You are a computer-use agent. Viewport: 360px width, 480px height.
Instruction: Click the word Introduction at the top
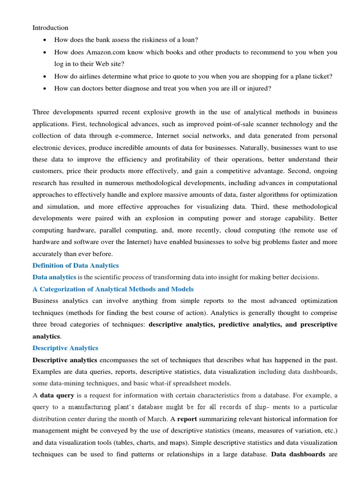click(50, 28)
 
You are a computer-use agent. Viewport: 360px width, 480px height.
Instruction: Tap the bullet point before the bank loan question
click(44, 40)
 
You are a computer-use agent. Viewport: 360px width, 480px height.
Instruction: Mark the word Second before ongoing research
click(296, 171)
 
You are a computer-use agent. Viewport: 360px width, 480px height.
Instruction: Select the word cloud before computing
click(234, 230)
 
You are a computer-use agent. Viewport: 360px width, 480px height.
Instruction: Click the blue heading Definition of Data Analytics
click(75, 265)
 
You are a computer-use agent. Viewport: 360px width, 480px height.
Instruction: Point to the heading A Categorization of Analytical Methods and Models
click(113, 289)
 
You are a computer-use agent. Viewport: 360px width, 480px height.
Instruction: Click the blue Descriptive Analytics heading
click(65, 348)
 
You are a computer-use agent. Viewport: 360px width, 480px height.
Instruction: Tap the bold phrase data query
click(56, 395)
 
